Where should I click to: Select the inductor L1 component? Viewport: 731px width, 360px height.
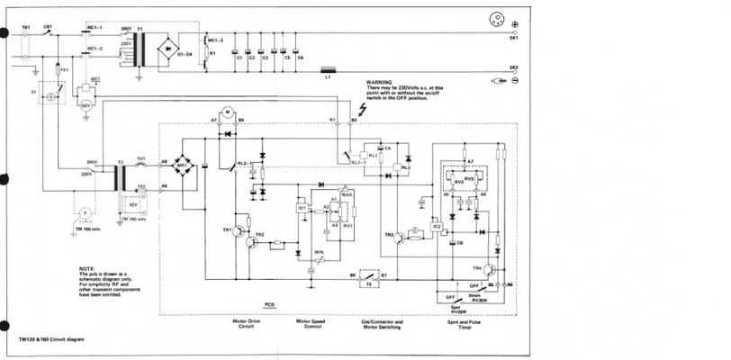329,69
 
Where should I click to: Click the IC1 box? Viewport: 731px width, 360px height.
302,208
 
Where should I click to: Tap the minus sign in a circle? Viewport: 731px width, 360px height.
514,82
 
